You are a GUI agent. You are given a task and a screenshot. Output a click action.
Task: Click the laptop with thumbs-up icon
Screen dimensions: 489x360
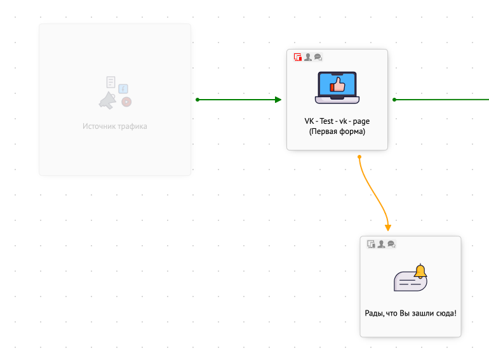pos(337,88)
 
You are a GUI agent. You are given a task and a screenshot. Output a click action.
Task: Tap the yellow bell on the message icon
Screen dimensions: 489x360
pos(420,271)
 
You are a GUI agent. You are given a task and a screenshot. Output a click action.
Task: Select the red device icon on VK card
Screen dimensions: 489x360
pos(297,57)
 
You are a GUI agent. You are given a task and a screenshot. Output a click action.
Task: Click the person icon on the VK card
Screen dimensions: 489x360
pos(308,57)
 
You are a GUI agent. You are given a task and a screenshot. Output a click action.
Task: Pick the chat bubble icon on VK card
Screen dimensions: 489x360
pos(318,57)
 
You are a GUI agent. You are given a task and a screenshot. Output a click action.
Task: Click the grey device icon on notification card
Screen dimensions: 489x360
pos(371,244)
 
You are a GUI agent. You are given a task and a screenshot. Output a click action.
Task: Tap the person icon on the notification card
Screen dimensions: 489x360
pos(381,244)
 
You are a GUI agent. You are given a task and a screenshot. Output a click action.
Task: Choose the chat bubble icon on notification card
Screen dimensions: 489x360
pos(391,244)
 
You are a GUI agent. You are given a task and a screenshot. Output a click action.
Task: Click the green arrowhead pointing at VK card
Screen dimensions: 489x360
pos(278,100)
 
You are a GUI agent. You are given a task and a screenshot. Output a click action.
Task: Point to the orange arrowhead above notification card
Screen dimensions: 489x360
pos(388,228)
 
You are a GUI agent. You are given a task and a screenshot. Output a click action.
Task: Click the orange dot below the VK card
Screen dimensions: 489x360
pos(359,157)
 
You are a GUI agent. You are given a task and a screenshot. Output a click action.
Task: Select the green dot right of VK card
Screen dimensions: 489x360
pos(394,100)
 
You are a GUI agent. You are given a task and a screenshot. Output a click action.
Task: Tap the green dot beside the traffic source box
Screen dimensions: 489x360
pos(198,100)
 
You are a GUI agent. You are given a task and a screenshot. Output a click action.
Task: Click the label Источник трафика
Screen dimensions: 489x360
pos(115,126)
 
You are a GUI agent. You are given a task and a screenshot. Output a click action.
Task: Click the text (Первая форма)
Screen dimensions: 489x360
pos(337,131)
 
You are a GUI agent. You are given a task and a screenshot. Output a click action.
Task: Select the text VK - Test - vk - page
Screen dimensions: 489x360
pos(337,121)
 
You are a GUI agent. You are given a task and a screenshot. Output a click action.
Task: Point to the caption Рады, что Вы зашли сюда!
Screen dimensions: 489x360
pos(410,313)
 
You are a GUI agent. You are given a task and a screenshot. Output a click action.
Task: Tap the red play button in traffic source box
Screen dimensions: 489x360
pos(126,102)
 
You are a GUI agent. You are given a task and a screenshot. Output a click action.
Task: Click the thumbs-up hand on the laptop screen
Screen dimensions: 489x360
pos(337,84)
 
